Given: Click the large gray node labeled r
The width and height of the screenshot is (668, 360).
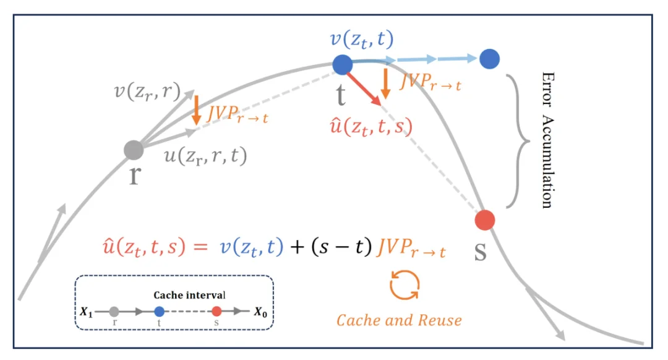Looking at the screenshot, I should (134, 150).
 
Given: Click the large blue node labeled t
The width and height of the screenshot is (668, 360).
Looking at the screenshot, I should (342, 64).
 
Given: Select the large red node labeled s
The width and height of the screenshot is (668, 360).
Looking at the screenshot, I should (485, 220).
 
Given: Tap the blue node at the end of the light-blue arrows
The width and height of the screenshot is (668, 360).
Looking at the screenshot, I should (489, 59).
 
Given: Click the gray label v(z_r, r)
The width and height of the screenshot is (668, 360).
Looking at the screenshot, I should (147, 93).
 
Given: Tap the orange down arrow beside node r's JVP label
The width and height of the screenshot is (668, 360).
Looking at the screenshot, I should (196, 111).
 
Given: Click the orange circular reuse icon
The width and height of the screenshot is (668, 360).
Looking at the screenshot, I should (404, 285).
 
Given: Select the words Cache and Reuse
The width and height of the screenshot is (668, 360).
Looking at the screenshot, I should (399, 320).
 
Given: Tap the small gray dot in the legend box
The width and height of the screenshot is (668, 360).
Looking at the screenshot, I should (114, 311).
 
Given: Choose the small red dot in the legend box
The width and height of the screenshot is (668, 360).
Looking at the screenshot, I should (216, 311).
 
